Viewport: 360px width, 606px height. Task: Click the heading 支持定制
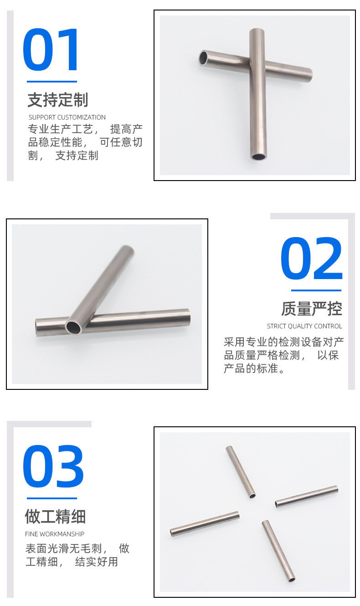coord(58,99)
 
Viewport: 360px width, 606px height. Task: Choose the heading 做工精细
coord(56,516)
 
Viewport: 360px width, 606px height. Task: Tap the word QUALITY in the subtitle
coord(299,326)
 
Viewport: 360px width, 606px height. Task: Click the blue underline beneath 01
coord(52,82)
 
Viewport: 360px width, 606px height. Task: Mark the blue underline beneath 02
coord(316,290)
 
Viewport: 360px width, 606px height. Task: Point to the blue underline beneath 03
coord(52,498)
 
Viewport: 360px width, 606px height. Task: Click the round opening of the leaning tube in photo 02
coord(73,327)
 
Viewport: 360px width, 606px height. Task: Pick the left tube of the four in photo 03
coord(205,524)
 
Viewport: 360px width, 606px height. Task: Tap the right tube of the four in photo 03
coord(307,497)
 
